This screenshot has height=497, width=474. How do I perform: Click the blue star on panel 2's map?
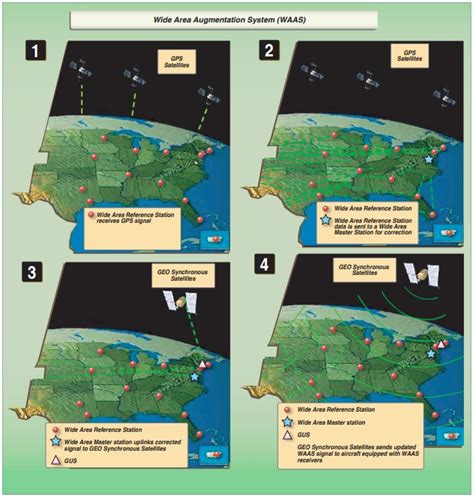(430, 159)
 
